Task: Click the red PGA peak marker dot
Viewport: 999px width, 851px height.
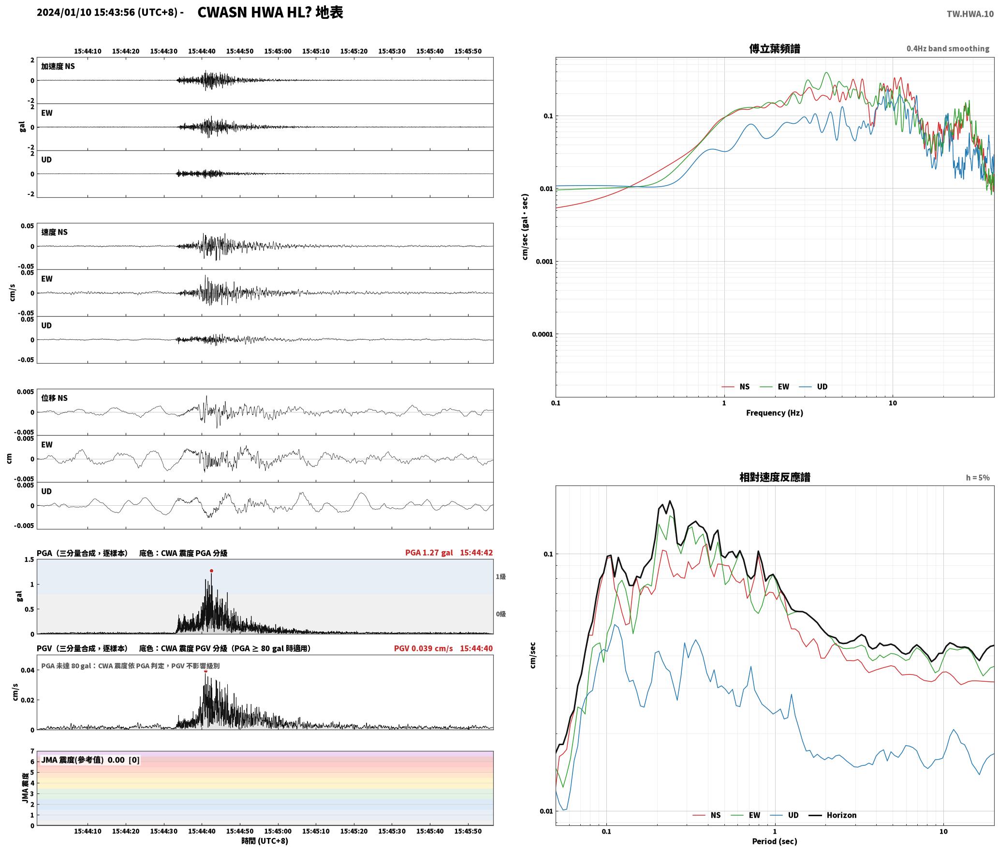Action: pyautogui.click(x=211, y=571)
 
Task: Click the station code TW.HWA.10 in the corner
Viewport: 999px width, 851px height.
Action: pyautogui.click(x=970, y=14)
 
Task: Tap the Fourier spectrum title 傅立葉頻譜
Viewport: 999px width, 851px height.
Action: pyautogui.click(x=774, y=48)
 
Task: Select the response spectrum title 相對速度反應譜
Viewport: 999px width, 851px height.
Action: pyautogui.click(x=775, y=477)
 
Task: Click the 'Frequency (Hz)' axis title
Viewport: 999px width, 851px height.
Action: pyautogui.click(x=774, y=413)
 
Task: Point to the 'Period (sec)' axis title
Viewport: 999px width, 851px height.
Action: pyautogui.click(x=774, y=841)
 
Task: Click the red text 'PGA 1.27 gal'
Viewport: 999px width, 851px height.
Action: pyautogui.click(x=429, y=553)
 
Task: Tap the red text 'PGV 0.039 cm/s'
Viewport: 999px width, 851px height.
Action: pyautogui.click(x=423, y=648)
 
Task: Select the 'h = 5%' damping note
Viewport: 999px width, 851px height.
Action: pyautogui.click(x=978, y=478)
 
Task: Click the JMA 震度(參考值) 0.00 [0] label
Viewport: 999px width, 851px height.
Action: pyautogui.click(x=90, y=760)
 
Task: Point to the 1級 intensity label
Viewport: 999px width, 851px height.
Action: pyautogui.click(x=500, y=576)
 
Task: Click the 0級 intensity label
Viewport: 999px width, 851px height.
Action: pyautogui.click(x=500, y=614)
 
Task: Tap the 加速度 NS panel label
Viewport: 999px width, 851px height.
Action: pyautogui.click(x=58, y=66)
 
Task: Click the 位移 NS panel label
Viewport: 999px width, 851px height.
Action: pyautogui.click(x=54, y=398)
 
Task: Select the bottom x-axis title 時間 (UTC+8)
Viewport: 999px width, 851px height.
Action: pyautogui.click(x=265, y=841)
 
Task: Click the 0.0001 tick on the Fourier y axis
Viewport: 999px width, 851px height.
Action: pyautogui.click(x=542, y=334)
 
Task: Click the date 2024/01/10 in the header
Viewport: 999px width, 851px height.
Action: pyautogui.click(x=64, y=13)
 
